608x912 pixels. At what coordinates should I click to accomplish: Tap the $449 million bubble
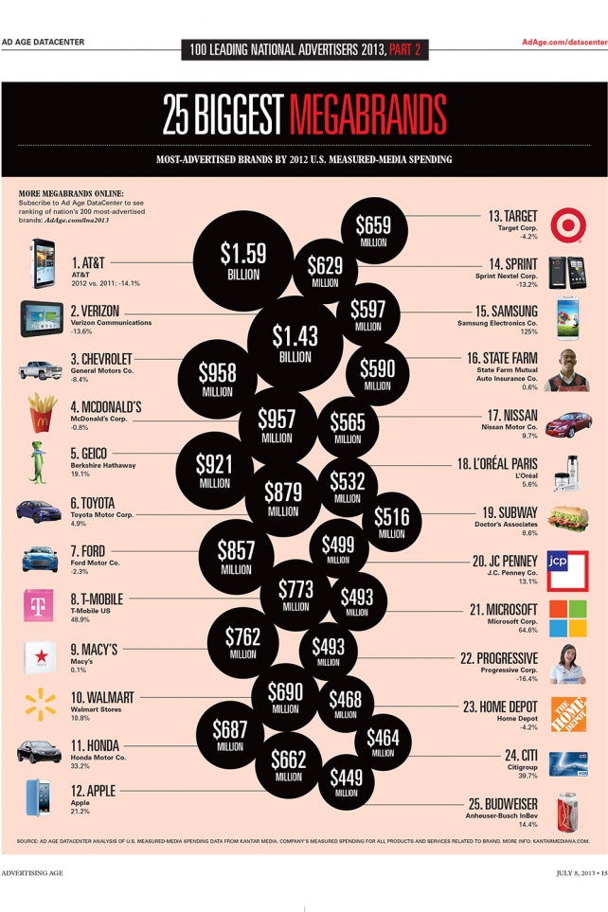click(346, 783)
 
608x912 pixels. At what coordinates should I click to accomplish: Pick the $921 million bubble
click(214, 470)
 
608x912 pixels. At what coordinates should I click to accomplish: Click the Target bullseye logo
click(569, 224)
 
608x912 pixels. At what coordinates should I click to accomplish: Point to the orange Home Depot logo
click(568, 713)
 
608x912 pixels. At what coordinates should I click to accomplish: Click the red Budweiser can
click(568, 812)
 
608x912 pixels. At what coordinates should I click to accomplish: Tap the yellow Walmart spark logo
click(40, 705)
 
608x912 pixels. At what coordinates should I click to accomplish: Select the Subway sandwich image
click(569, 518)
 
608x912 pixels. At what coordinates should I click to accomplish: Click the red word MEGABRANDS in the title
click(367, 115)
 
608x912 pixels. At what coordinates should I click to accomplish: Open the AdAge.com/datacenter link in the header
click(563, 42)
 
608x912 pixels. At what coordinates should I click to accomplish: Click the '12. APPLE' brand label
click(89, 789)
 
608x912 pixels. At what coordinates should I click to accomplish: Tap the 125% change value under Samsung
click(528, 332)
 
